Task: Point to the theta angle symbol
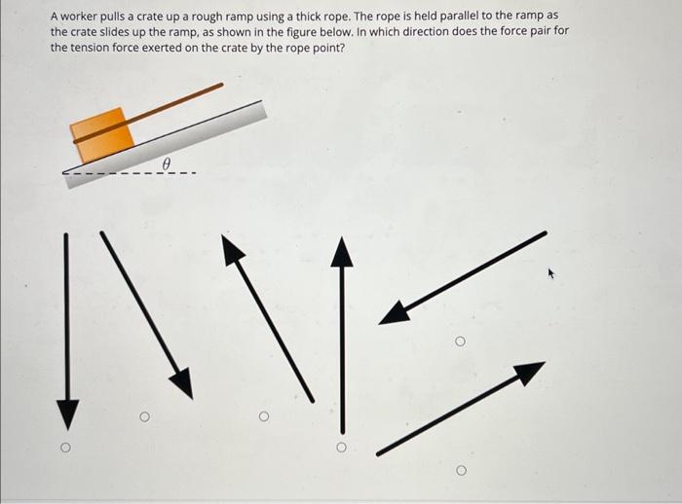[x=167, y=164]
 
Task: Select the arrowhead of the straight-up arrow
[x=340, y=251]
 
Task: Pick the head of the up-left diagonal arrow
[x=232, y=249]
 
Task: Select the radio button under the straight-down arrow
[x=65, y=449]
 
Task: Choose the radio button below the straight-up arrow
[x=340, y=449]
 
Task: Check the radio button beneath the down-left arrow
[x=460, y=342]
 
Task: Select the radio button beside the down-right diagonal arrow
[x=143, y=417]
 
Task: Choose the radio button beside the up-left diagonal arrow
[x=262, y=417]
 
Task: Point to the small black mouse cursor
[x=551, y=274]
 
